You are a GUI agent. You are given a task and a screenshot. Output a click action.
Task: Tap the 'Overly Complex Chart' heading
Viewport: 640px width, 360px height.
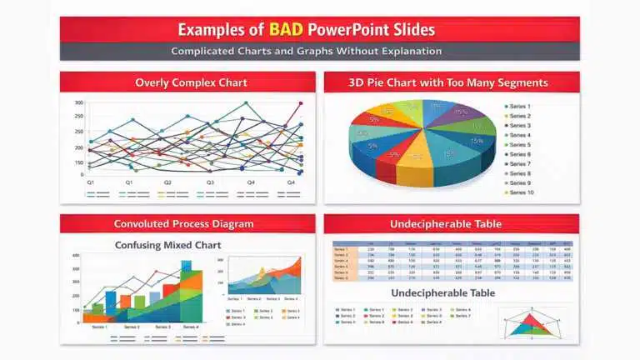[x=187, y=82]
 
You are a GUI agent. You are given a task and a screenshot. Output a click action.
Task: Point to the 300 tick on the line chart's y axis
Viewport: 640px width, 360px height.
[x=79, y=103]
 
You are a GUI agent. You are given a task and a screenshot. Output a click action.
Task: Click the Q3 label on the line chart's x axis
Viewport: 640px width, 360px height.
[x=210, y=182]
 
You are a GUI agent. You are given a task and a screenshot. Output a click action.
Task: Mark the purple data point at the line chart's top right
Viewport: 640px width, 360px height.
[x=300, y=103]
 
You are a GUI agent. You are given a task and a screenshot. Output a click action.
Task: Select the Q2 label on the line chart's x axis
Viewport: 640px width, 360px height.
[x=167, y=182]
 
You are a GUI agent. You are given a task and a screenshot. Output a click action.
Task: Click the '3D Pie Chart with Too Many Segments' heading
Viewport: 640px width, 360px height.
[x=451, y=82]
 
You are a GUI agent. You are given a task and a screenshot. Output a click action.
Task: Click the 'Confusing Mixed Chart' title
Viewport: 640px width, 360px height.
[x=167, y=245]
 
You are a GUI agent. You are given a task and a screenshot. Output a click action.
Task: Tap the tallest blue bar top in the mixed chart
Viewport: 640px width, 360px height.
[x=187, y=264]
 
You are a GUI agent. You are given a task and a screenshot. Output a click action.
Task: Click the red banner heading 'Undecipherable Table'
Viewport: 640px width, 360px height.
[x=451, y=223]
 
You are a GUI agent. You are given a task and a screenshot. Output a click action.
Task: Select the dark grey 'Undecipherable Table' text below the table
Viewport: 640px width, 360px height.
[x=442, y=292]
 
